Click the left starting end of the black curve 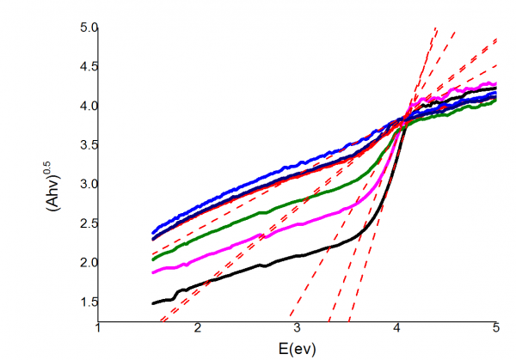(x=153, y=302)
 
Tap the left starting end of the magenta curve (x=153, y=272)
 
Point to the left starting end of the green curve (x=153, y=259)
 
